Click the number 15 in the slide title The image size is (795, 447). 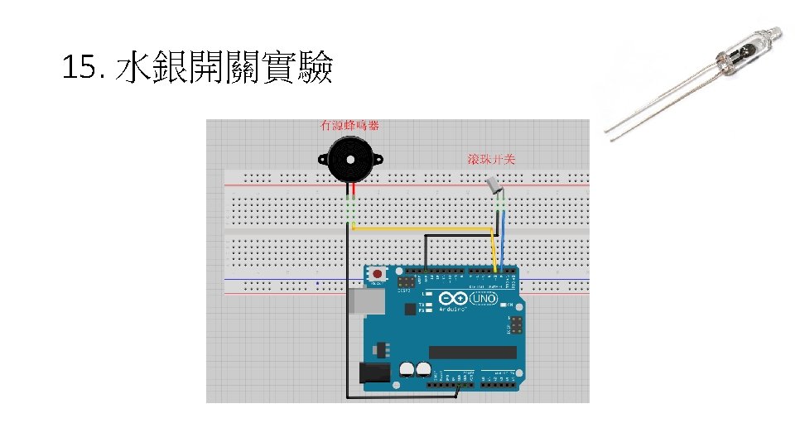(x=79, y=68)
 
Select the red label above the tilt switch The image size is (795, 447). (x=491, y=159)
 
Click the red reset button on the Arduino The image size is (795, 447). (x=378, y=273)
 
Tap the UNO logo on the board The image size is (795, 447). (x=486, y=299)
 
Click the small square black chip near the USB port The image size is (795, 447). (x=410, y=309)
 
